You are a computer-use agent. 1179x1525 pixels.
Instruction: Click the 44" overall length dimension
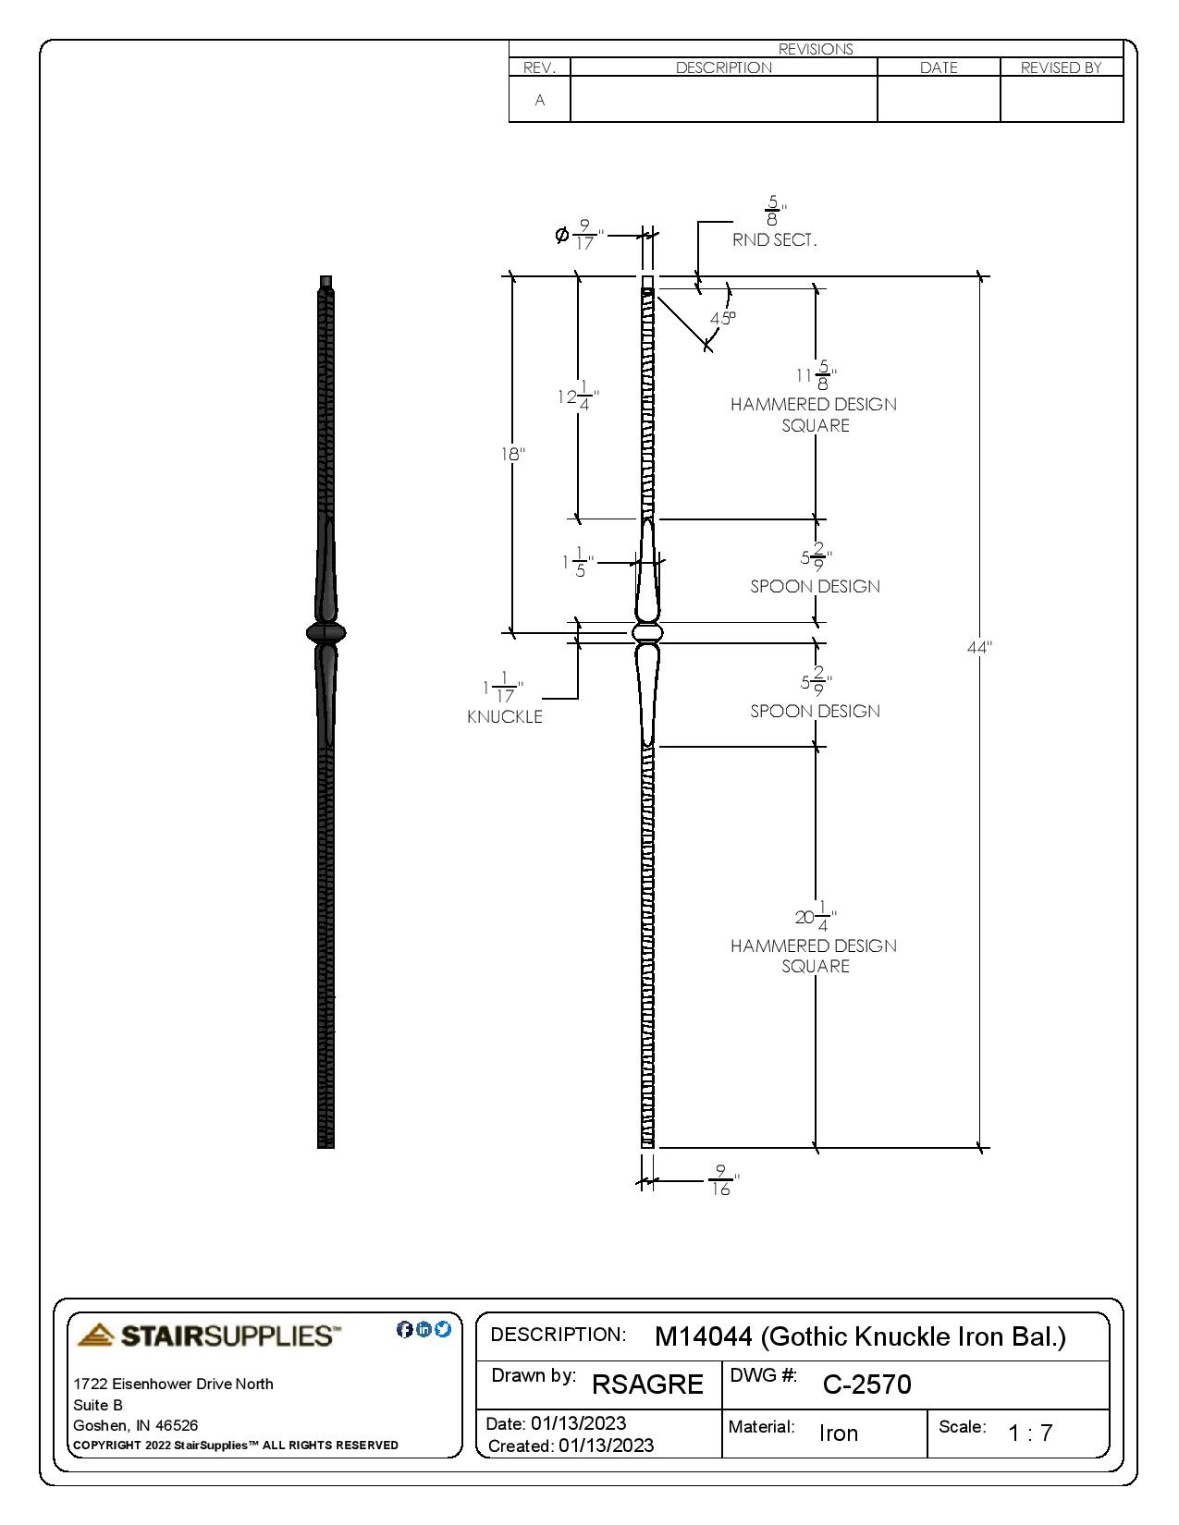(978, 648)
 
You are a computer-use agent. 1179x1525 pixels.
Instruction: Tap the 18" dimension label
(513, 454)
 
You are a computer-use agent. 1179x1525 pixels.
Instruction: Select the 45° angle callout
(722, 318)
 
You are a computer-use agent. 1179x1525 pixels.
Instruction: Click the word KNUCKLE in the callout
(505, 716)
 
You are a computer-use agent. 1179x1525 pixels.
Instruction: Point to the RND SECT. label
(775, 240)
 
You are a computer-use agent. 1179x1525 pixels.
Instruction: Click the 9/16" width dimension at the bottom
(722, 1180)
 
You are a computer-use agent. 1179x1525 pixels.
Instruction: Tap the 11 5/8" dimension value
(816, 375)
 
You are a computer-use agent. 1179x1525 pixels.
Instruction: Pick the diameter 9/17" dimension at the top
(579, 235)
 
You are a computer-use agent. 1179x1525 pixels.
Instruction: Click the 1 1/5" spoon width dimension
(577, 562)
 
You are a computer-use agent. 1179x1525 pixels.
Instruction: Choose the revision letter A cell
(540, 100)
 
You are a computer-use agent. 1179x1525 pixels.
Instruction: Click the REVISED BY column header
(1061, 67)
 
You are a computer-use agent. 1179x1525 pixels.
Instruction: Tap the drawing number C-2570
(866, 1384)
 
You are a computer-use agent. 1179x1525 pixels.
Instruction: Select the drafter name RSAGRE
(647, 1384)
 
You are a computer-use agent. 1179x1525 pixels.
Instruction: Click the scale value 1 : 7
(1030, 1433)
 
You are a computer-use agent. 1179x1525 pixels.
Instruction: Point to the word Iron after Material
(838, 1433)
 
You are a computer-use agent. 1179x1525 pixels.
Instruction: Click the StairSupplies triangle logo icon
(96, 1335)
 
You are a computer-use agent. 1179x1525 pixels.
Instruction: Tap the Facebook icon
(404, 1329)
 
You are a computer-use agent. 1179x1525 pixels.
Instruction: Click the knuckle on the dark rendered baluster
(325, 633)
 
